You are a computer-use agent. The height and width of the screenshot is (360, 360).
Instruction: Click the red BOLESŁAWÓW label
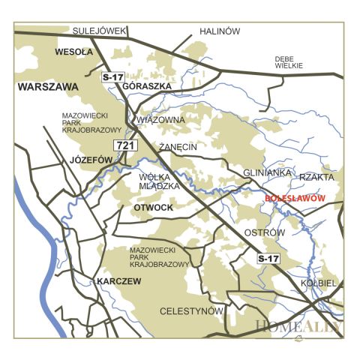point(295,198)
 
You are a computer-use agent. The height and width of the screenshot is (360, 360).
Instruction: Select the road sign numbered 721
point(124,145)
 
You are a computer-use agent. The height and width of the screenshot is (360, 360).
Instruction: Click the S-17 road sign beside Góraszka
point(112,77)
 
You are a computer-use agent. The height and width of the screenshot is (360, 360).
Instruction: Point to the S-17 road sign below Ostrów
point(268,259)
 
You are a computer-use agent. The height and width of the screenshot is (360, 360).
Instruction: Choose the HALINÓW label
point(219,31)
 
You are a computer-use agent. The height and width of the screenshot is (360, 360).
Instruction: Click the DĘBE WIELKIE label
point(289,62)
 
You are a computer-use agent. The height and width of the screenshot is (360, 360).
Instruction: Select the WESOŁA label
point(73,52)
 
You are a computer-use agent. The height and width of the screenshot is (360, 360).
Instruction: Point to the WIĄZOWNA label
point(160,118)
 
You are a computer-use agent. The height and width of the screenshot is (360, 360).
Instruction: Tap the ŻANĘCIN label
point(178,147)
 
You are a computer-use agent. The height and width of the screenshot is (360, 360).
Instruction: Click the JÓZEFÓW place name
point(91,160)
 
